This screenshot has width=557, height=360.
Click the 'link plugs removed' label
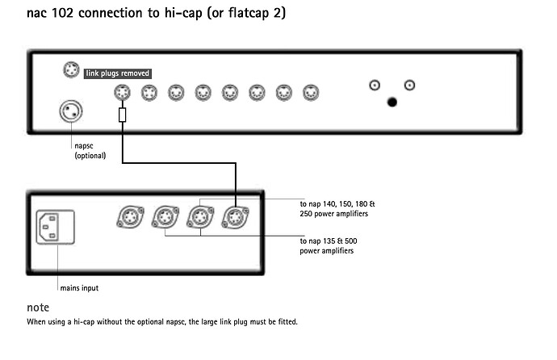coord(118,73)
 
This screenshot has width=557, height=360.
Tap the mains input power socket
coord(56,227)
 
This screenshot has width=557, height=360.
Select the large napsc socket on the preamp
coord(71,111)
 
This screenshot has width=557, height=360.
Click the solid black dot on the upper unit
coord(392,103)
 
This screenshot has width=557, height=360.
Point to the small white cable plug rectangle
coord(122,115)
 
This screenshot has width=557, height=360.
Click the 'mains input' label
coord(79,288)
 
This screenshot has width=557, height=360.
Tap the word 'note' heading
coord(38,307)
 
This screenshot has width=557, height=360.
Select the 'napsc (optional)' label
coord(90,150)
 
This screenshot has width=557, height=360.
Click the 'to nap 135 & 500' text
coord(329,241)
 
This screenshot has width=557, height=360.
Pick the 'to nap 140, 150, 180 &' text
coord(337,204)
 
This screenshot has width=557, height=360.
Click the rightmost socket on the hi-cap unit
coord(235,217)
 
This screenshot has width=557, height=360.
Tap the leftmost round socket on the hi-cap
coord(130,217)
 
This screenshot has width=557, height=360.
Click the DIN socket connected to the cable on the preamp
coord(122,93)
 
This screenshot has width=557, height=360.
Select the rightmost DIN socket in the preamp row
coord(311,93)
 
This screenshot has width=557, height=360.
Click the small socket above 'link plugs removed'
coord(71,69)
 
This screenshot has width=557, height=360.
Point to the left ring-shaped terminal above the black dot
coord(375,86)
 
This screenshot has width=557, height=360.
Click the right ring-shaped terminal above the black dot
coord(409,86)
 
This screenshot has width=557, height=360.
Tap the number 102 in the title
coord(62,13)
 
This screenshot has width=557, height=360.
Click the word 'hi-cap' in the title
coord(183,13)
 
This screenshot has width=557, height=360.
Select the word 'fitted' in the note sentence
coord(287,321)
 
